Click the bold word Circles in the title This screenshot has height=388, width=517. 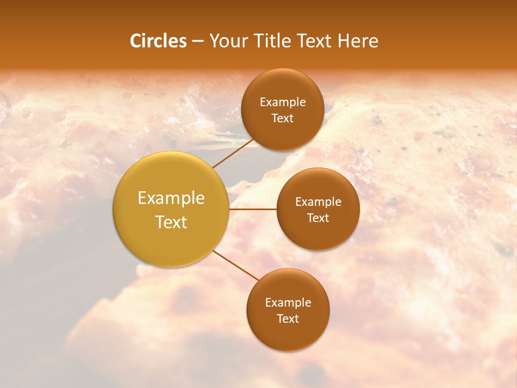[158, 41]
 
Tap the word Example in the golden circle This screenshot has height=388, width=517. [171, 198]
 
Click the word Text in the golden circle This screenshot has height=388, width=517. [171, 222]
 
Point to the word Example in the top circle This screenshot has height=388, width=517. [283, 102]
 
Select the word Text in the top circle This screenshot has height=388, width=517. [282, 118]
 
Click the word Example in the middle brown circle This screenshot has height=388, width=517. [318, 202]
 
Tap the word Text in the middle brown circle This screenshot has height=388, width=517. [318, 218]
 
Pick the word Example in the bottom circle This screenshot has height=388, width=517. [288, 303]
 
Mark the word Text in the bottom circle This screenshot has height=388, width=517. [288, 318]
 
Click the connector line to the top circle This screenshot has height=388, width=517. [233, 153]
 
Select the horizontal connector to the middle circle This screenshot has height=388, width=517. [253, 209]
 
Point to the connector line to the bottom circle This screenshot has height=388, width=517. [236, 265]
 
